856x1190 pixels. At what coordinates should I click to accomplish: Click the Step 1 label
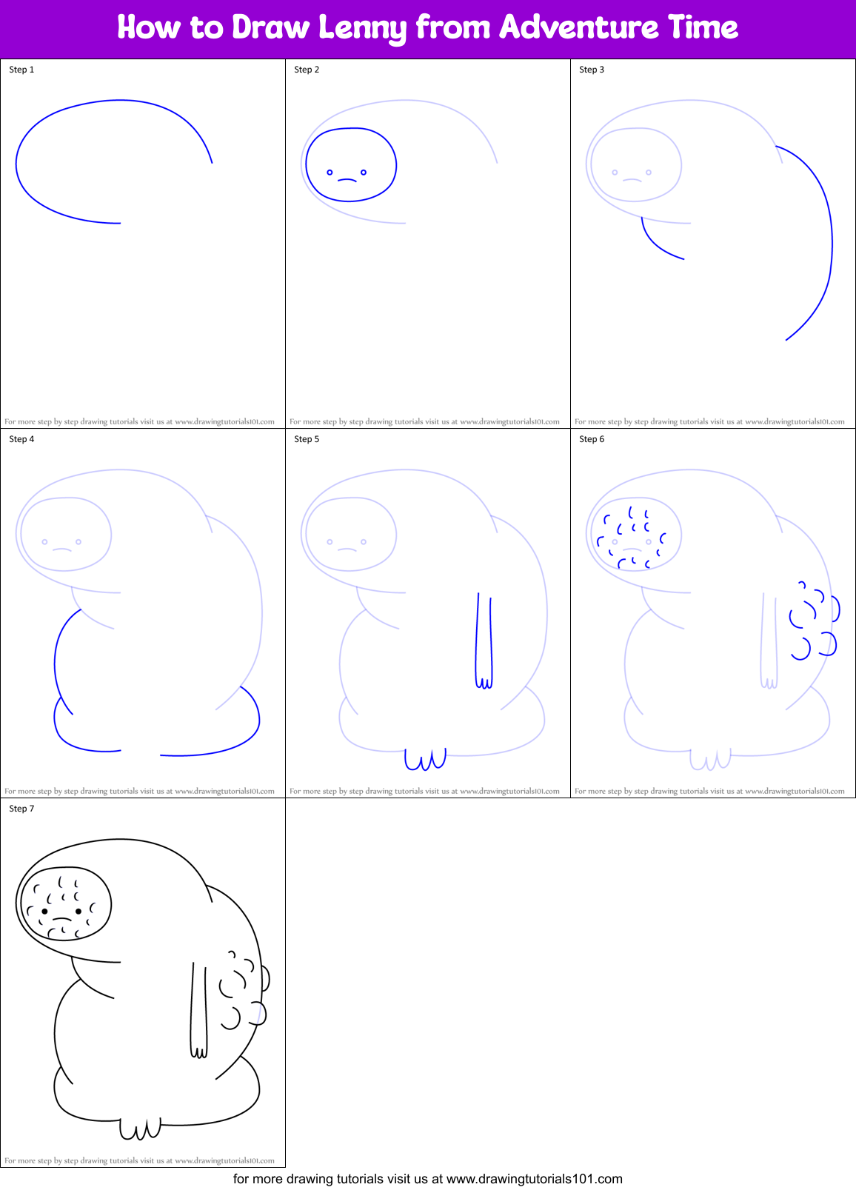click(x=21, y=70)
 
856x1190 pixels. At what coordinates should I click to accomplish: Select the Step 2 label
click(x=307, y=70)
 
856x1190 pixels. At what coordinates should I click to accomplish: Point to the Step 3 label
click(x=592, y=70)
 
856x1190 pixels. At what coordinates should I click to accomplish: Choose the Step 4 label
click(x=21, y=439)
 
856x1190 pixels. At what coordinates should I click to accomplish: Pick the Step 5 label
click(x=307, y=439)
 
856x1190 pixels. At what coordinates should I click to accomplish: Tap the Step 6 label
click(x=592, y=439)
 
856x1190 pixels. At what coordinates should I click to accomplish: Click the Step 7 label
click(x=21, y=809)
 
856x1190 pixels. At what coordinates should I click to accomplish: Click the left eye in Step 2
click(x=330, y=173)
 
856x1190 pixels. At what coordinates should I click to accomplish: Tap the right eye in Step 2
click(x=364, y=173)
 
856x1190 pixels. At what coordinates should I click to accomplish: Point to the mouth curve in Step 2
click(x=347, y=180)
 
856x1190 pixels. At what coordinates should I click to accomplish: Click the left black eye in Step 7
click(x=45, y=911)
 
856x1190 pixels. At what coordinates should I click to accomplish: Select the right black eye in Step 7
click(x=78, y=911)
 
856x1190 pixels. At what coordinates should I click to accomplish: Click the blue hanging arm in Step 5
click(x=484, y=637)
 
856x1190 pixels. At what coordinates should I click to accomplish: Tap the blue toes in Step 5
click(x=426, y=760)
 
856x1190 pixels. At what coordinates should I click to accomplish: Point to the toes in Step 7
click(x=141, y=1129)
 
